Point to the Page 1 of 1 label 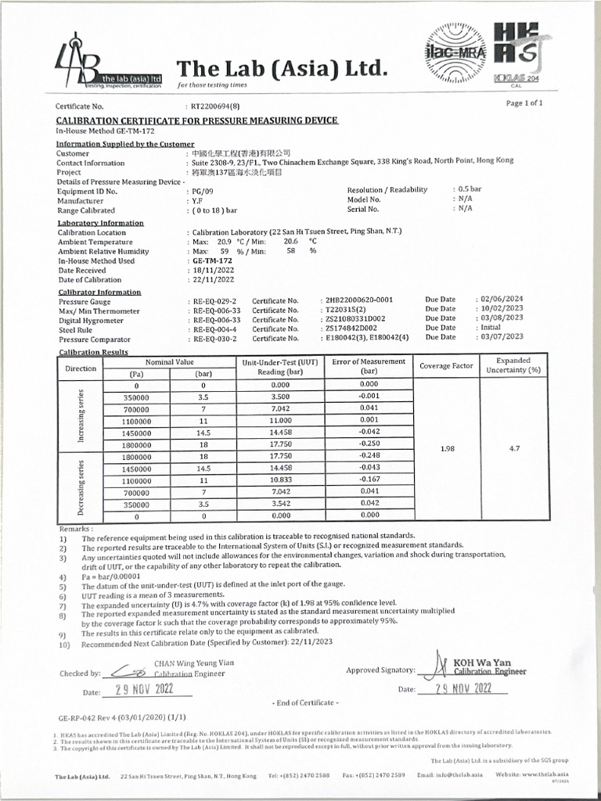pos(524,102)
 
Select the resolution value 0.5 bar pos(469,190)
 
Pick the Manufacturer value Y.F pos(198,200)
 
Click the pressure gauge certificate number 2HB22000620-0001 pos(358,300)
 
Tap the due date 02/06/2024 pos(501,300)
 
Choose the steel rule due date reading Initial pos(490,328)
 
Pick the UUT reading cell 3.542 pos(279,503)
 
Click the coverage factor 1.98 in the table pos(448,449)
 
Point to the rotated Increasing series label pos(81,415)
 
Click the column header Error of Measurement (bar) pos(369,366)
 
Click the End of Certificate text pos(305,702)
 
